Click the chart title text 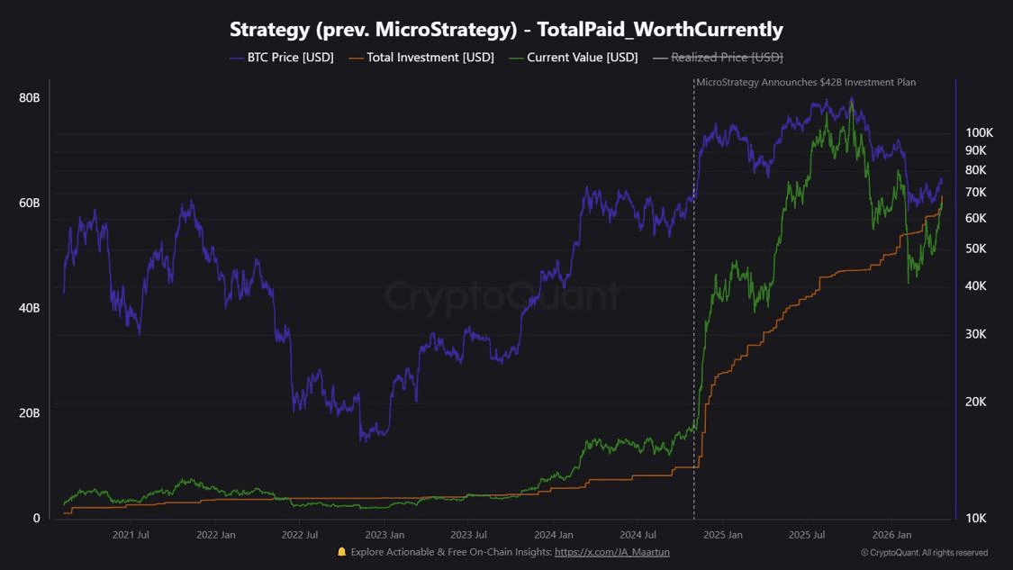click(x=506, y=29)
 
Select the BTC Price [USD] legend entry click(x=281, y=58)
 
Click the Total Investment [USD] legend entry click(x=421, y=58)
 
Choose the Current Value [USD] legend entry click(x=573, y=58)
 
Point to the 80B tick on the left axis click(x=29, y=97)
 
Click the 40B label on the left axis click(x=29, y=308)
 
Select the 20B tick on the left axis click(x=29, y=413)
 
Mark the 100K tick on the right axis click(x=978, y=131)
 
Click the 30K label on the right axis click(x=976, y=334)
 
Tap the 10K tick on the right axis click(x=976, y=518)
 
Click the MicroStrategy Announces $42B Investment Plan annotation click(x=806, y=82)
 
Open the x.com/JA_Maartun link click(x=611, y=552)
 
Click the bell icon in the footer click(x=341, y=552)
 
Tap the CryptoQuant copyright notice click(x=924, y=553)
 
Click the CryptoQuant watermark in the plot click(x=502, y=295)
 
